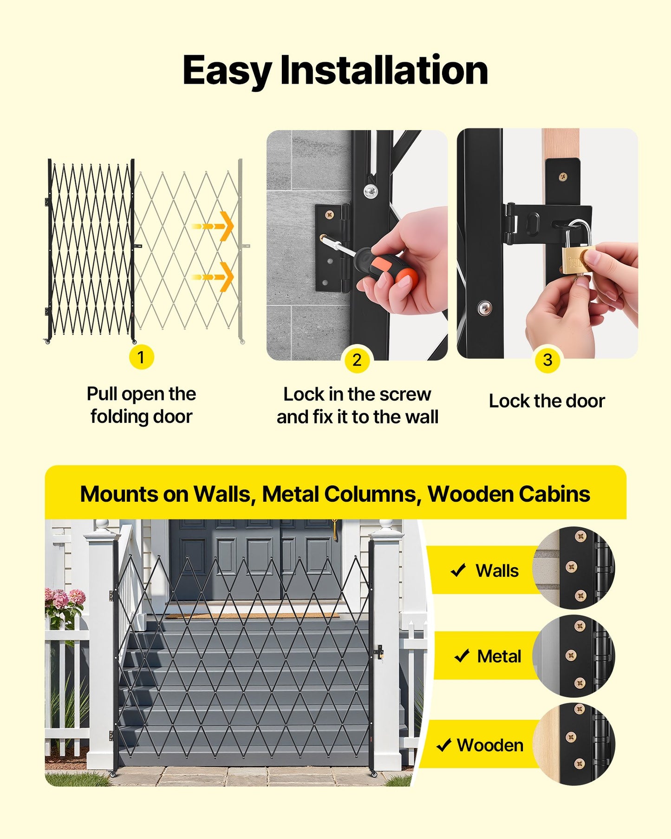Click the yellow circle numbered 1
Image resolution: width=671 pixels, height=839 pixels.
point(141,357)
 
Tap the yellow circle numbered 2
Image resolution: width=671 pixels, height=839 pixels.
point(357,360)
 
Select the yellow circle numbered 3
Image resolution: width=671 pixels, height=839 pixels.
point(547,360)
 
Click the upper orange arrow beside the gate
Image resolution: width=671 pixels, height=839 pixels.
point(213,226)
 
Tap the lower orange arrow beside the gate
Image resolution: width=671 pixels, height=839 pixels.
point(213,277)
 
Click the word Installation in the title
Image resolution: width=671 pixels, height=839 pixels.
point(384,71)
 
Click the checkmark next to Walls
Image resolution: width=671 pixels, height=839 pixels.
point(458,570)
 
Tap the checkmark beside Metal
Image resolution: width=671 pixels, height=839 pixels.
point(462,655)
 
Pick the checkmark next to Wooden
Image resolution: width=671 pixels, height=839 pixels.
point(444,745)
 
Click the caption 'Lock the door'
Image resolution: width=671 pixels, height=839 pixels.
point(547,401)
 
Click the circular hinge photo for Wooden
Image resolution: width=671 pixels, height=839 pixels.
point(574,744)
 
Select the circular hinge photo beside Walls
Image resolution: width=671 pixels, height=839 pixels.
point(574,568)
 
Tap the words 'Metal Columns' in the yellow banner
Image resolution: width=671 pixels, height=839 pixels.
point(339,494)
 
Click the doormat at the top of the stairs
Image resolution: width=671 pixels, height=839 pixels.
point(252,616)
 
